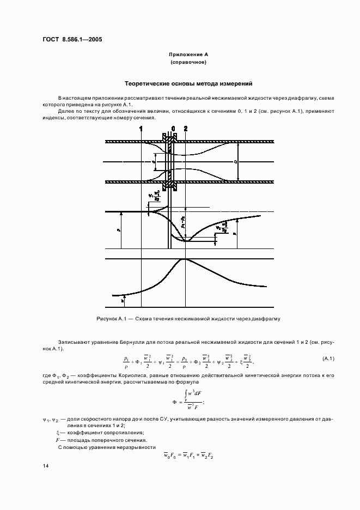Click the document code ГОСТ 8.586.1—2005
pyautogui.click(x=72, y=39)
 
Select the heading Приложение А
pyautogui.click(x=188, y=55)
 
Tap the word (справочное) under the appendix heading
pyautogui.click(x=188, y=63)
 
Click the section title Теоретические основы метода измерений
pyautogui.click(x=188, y=84)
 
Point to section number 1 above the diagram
pyautogui.click(x=141, y=129)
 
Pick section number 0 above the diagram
pyautogui.click(x=173, y=129)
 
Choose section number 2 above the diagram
pyautogui.click(x=186, y=129)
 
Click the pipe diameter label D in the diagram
pyautogui.click(x=235, y=162)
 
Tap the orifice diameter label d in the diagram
pyautogui.click(x=154, y=162)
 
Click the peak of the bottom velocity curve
pyautogui.click(x=185, y=259)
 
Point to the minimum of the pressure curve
pyautogui.click(x=185, y=240)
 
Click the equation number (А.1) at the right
pyautogui.click(x=328, y=358)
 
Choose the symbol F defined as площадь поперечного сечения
pyautogui.click(x=51, y=440)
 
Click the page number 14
pyautogui.click(x=46, y=466)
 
